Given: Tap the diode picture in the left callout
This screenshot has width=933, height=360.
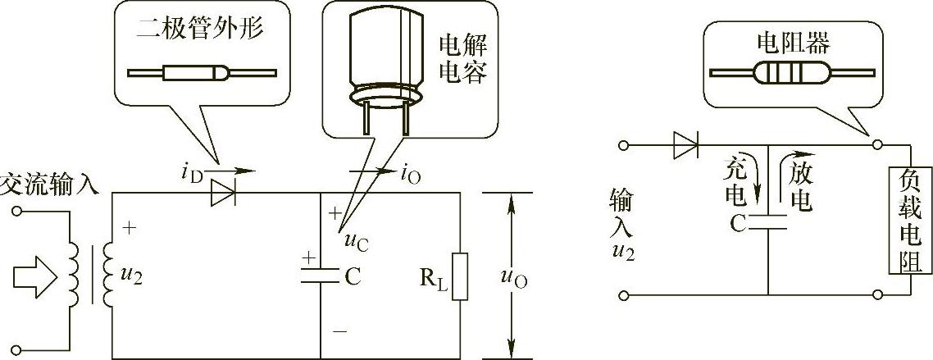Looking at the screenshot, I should click(202, 74).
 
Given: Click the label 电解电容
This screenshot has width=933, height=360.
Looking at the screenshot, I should click(463, 58).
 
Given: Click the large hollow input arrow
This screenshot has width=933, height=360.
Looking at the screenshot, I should click(38, 278).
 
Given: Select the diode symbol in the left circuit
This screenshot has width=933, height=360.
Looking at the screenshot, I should click(222, 194).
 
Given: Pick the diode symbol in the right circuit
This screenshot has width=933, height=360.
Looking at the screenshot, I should click(685, 146).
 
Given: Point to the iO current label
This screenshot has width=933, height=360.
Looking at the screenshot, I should click(410, 173).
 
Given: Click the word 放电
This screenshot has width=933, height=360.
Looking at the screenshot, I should click(799, 185).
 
